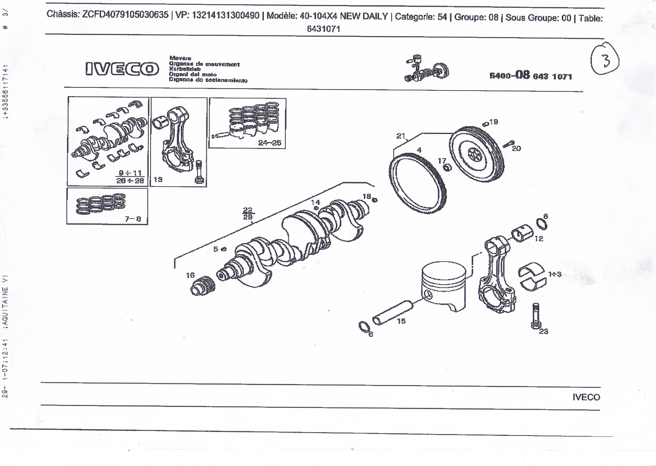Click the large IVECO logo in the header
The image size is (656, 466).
pyautogui.click(x=122, y=69)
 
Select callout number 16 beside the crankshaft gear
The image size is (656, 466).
pyautogui.click(x=190, y=275)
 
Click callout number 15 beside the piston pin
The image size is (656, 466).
pyautogui.click(x=401, y=321)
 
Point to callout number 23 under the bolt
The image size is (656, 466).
pyautogui.click(x=543, y=332)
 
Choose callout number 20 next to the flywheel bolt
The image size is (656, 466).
pyautogui.click(x=516, y=148)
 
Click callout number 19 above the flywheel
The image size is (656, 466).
pyautogui.click(x=494, y=122)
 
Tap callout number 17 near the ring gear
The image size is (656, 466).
pyautogui.click(x=442, y=161)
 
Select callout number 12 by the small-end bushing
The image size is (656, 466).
pyautogui.click(x=539, y=239)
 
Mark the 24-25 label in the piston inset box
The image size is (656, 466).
pyautogui.click(x=270, y=143)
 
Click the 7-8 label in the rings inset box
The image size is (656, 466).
pyautogui.click(x=133, y=219)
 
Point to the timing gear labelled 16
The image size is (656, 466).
pyautogui.click(x=203, y=286)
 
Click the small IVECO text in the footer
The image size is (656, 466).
pyautogui.click(x=586, y=397)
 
